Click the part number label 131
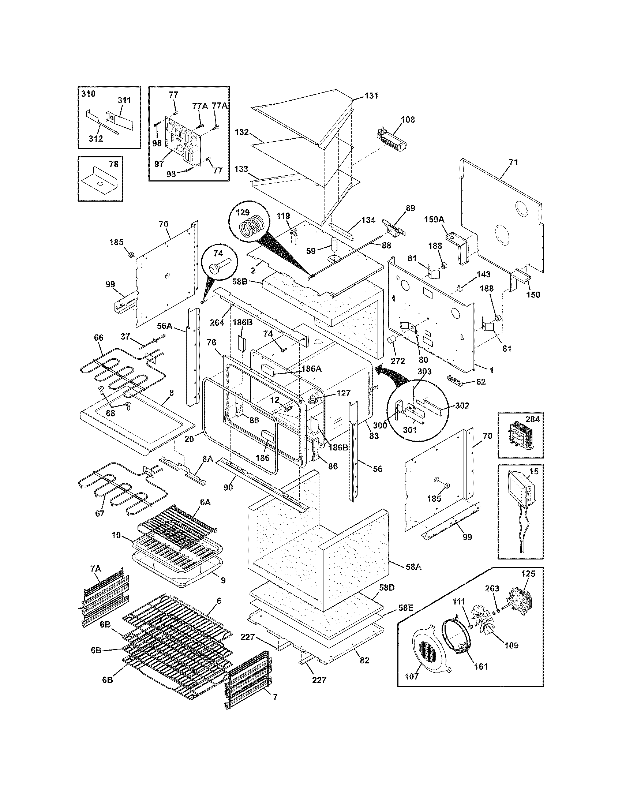[x=371, y=96]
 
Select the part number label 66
[x=98, y=338]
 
